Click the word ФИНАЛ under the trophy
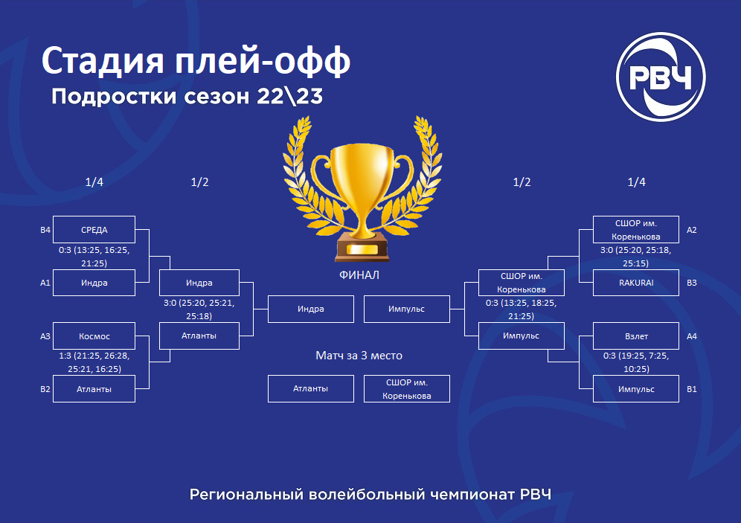point(359,275)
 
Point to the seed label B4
point(45,230)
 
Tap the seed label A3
point(45,336)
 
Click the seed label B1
point(691,389)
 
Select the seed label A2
point(691,230)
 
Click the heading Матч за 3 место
point(359,356)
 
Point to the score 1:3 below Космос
point(65,356)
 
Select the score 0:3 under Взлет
point(609,356)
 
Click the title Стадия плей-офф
point(196,61)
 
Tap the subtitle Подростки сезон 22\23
point(187,97)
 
